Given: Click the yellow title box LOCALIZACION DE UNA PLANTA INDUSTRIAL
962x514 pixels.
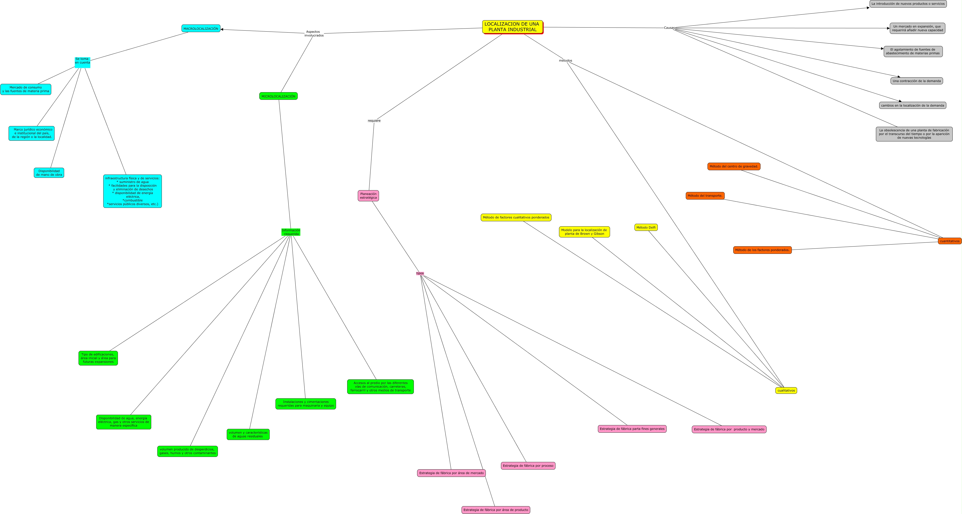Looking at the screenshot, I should (x=512, y=27).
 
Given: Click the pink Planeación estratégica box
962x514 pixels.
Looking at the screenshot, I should (x=368, y=196).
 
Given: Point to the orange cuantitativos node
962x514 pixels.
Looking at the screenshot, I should (x=949, y=241).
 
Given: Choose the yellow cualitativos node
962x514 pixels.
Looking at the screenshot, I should (x=786, y=390).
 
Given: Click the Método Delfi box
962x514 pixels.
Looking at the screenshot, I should (x=646, y=228).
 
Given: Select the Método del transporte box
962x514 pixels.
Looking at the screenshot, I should (x=705, y=196).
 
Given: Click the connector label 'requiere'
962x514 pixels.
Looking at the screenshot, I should (x=374, y=121).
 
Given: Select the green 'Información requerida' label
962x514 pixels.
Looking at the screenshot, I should (x=291, y=232).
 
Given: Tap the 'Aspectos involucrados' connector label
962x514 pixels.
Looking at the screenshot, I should (x=314, y=34).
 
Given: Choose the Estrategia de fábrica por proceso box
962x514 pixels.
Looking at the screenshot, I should (x=528, y=466).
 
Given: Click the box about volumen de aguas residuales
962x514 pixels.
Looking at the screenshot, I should (x=248, y=434).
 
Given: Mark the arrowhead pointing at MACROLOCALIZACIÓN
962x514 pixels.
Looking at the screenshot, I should (x=222, y=30).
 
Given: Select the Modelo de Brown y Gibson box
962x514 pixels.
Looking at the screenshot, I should (x=584, y=232).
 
